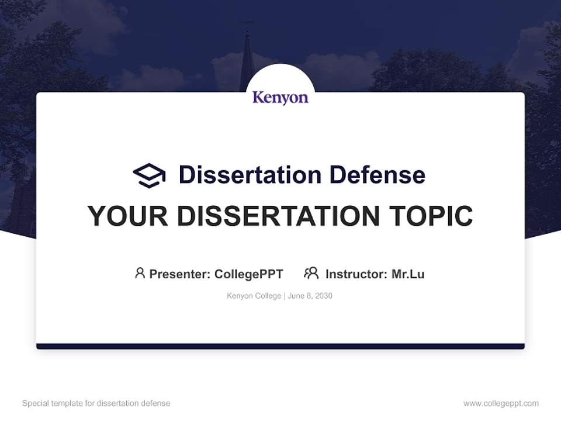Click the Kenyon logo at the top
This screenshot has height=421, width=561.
280,97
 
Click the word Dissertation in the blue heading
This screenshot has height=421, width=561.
250,175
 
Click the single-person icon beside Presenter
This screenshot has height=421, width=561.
140,273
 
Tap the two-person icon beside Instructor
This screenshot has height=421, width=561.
311,273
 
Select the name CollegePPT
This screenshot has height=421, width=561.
248,274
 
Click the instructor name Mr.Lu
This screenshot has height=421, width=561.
408,274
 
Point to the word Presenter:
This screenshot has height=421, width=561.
180,274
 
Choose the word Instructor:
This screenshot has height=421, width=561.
356,274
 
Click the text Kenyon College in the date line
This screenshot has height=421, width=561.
254,296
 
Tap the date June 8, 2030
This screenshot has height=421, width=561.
310,296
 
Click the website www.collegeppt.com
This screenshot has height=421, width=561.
501,403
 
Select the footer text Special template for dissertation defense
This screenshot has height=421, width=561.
96,403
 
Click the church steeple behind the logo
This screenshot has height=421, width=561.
247,58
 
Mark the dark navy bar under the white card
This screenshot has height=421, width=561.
280,346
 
